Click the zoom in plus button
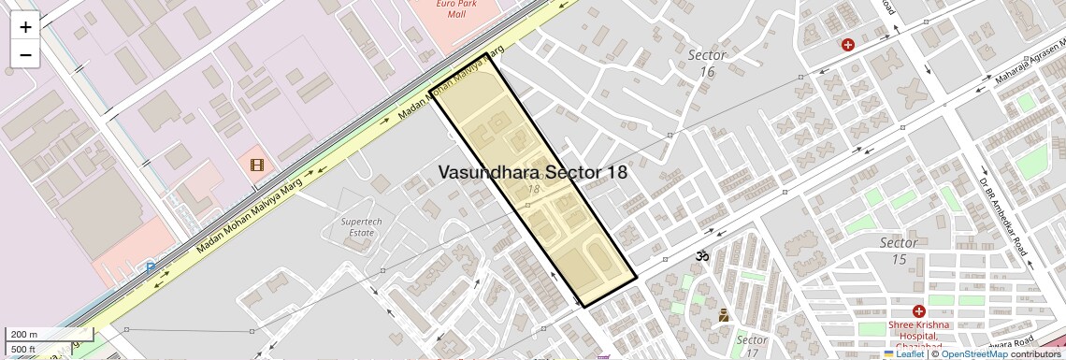pyautogui.click(x=25, y=27)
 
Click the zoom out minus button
pyautogui.click(x=25, y=54)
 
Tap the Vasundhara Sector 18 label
pyautogui.click(x=532, y=173)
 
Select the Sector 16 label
pyautogui.click(x=707, y=63)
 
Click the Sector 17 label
pyautogui.click(x=752, y=345)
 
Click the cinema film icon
pyautogui.click(x=257, y=166)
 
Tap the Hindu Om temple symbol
pyautogui.click(x=701, y=255)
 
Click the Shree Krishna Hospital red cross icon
pyautogui.click(x=919, y=310)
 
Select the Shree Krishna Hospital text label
pyautogui.click(x=924, y=330)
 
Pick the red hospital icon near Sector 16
pyautogui.click(x=848, y=44)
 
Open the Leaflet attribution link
pyautogui.click(x=904, y=353)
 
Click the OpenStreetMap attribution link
pyautogui.click(x=973, y=353)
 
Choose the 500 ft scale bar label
pyautogui.click(x=23, y=350)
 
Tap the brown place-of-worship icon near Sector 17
pyautogui.click(x=723, y=316)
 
